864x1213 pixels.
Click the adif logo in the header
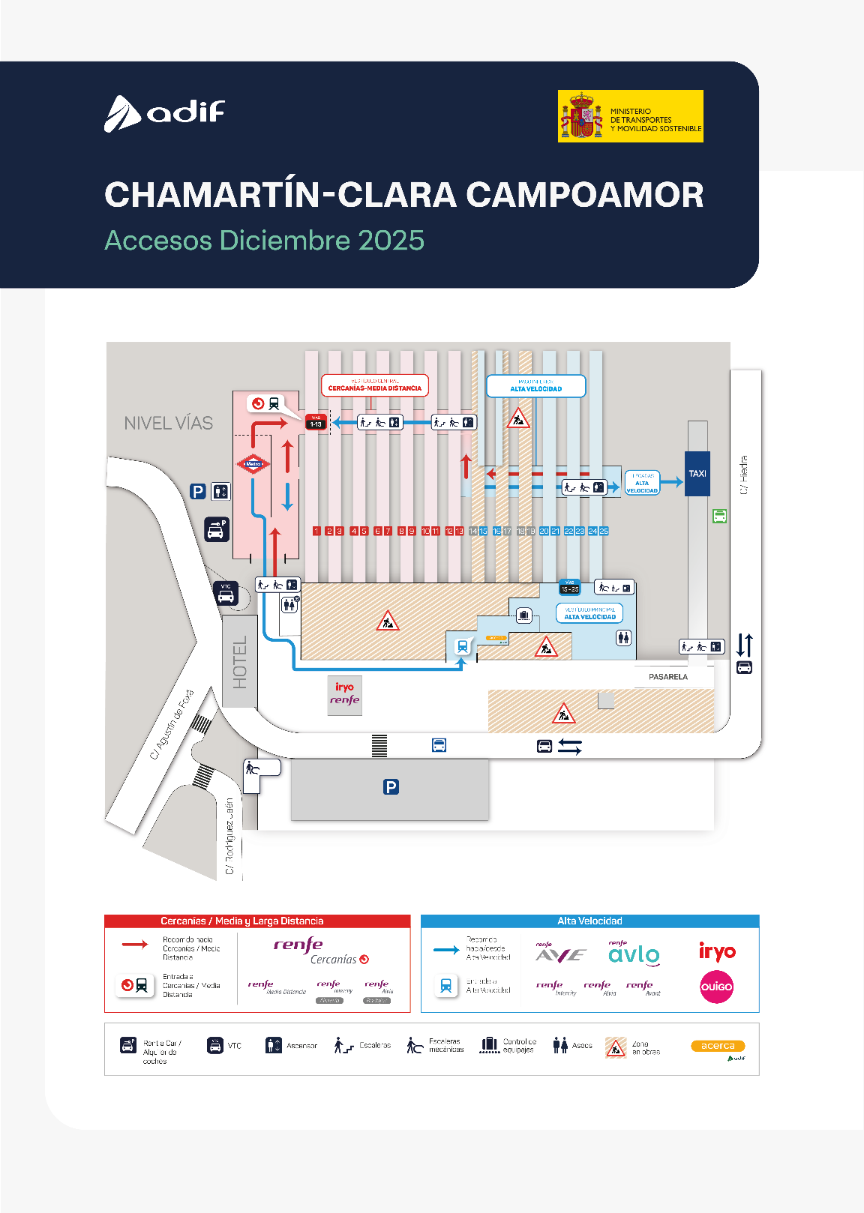(164, 113)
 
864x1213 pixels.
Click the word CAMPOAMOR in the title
(585, 195)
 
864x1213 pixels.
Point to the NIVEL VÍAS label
(169, 424)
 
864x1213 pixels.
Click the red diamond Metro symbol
(253, 464)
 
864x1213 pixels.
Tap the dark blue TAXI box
(697, 474)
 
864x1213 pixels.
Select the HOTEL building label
(240, 662)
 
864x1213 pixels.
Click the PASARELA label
(668, 677)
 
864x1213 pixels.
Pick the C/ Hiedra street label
(744, 475)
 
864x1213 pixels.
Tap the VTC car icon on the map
(226, 595)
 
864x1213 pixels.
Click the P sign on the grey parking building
(391, 786)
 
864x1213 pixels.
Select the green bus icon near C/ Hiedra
(720, 516)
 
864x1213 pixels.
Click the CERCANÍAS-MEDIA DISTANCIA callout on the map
(375, 386)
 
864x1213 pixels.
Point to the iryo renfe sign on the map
(345, 694)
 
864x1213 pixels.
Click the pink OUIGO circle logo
(716, 987)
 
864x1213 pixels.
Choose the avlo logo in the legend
(634, 954)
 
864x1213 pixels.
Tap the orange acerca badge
(718, 1046)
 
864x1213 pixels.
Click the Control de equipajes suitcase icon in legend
(490, 1045)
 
